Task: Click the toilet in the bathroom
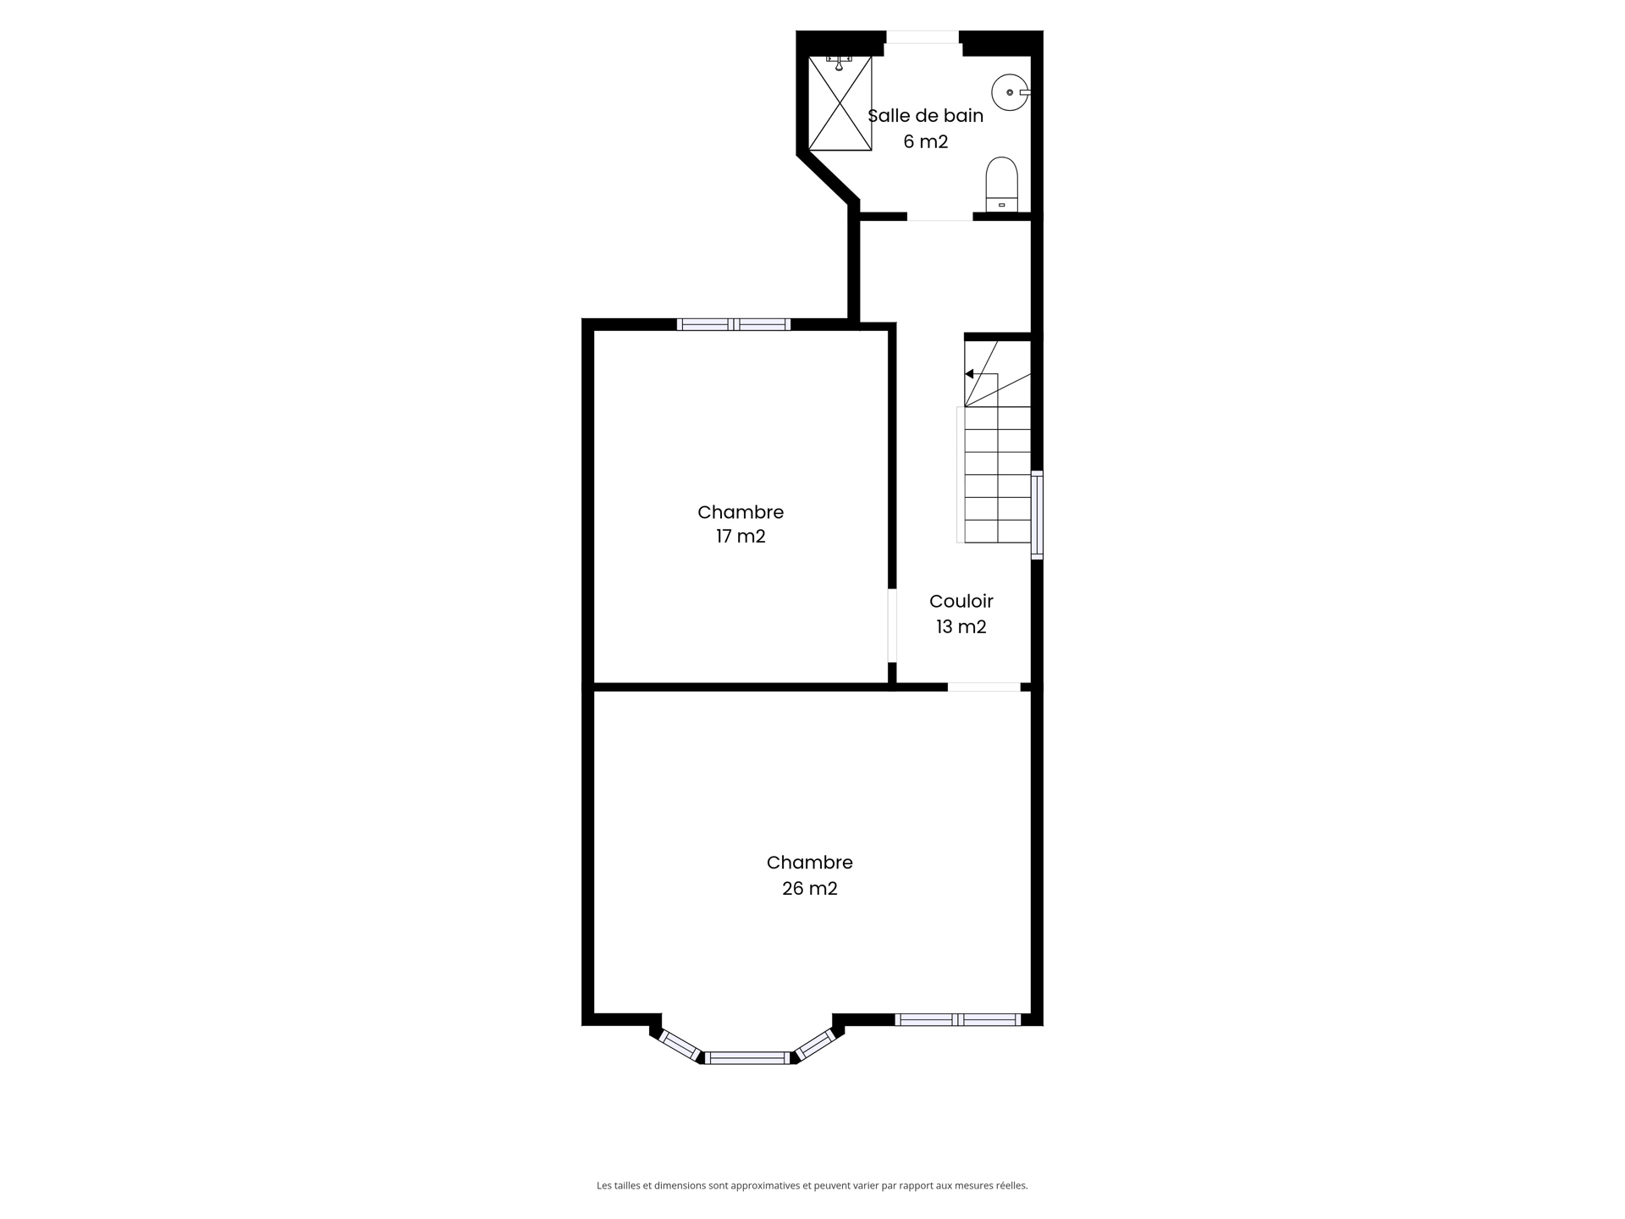1001,184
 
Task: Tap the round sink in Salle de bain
1010,92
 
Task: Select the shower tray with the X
840,104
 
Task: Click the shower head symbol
839,63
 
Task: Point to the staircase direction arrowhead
969,374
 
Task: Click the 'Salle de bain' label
925,116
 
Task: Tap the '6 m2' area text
925,142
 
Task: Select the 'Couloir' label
961,601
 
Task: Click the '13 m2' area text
961,627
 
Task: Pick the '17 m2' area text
741,537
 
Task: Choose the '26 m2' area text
810,889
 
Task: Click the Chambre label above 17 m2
741,512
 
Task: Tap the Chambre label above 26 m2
810,863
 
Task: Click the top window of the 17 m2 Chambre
734,324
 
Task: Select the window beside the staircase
1037,515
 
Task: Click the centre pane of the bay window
747,1057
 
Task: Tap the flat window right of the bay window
958,1020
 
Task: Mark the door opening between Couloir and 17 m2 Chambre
892,626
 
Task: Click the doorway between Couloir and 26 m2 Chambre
983,687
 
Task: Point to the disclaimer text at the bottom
812,1186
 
